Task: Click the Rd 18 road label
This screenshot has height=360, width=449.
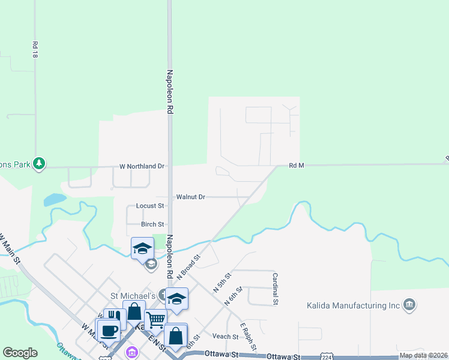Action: pyautogui.click(x=35, y=49)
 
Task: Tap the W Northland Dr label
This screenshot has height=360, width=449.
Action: pyautogui.click(x=142, y=166)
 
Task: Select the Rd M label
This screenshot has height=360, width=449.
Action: pyautogui.click(x=297, y=166)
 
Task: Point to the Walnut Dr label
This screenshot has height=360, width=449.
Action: pyautogui.click(x=191, y=197)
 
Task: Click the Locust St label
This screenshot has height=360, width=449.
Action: pyautogui.click(x=150, y=206)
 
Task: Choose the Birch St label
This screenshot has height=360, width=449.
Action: pyautogui.click(x=152, y=224)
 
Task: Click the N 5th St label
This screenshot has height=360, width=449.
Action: pyautogui.click(x=222, y=282)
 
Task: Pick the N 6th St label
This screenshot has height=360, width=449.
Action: pyautogui.click(x=234, y=296)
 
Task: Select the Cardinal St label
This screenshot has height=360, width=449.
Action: pyautogui.click(x=275, y=289)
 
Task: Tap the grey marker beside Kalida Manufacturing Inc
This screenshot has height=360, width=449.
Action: pyautogui.click(x=410, y=305)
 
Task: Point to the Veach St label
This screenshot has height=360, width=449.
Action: pyautogui.click(x=225, y=337)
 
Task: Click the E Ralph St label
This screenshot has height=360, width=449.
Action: pyautogui.click(x=249, y=337)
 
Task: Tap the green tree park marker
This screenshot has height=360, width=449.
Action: pyautogui.click(x=39, y=163)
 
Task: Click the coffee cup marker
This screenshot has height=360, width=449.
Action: pyautogui.click(x=109, y=330)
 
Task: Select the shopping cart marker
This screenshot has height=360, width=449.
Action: pyautogui.click(x=155, y=320)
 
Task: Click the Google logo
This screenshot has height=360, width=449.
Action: pyautogui.click(x=20, y=353)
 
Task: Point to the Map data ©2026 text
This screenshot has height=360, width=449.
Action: pyautogui.click(x=423, y=355)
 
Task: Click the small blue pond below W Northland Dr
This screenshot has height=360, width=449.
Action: pyautogui.click(x=55, y=199)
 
